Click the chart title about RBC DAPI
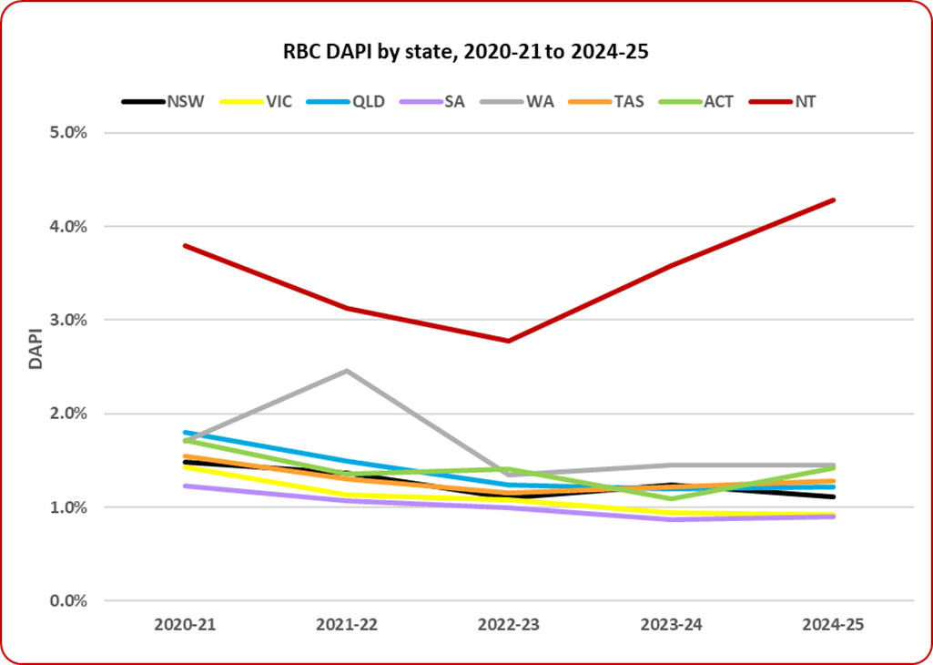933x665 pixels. tap(465, 53)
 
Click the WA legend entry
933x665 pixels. tap(543, 101)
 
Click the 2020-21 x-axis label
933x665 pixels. tap(186, 626)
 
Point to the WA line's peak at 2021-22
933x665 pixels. tap(347, 371)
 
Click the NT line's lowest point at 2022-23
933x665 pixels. tap(509, 341)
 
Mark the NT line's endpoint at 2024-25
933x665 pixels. tap(833, 200)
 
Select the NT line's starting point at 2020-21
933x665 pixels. tap(186, 246)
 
